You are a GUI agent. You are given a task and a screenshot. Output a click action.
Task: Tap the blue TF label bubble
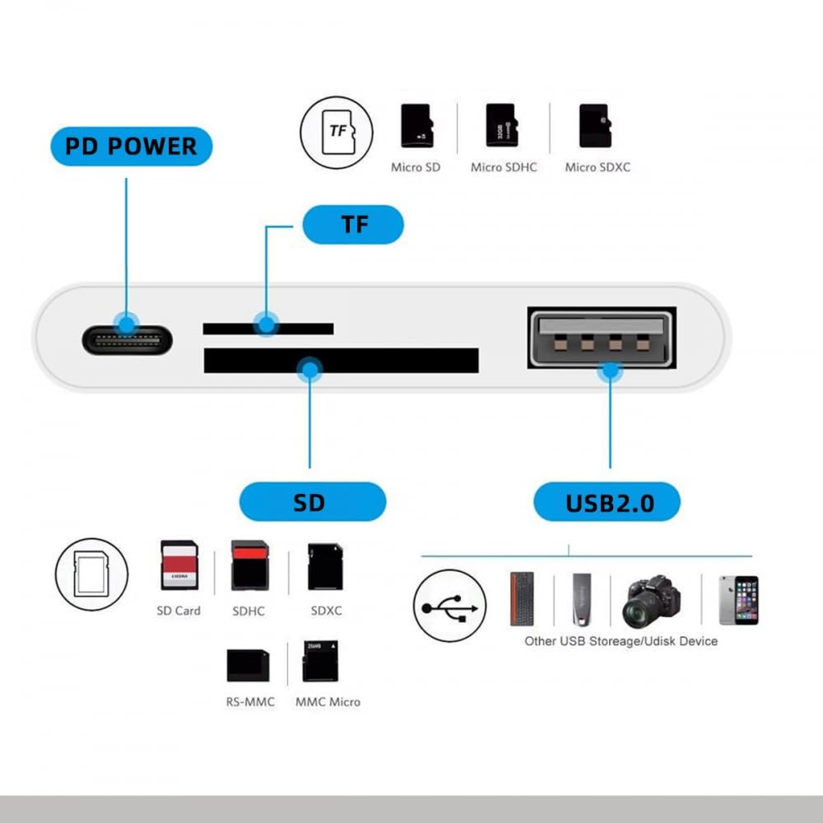[x=353, y=224]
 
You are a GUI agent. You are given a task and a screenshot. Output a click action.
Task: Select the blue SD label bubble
[x=312, y=502]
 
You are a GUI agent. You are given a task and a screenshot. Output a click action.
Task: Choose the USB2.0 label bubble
[x=607, y=502]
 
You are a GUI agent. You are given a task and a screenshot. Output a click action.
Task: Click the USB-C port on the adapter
[x=127, y=339]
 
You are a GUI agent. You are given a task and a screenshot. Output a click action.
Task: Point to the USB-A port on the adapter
[x=601, y=337]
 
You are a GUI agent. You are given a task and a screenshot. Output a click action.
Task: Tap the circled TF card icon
[x=336, y=133]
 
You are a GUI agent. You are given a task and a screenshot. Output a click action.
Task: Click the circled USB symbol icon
[x=449, y=607]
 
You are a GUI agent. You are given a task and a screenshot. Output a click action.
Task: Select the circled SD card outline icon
[x=91, y=573]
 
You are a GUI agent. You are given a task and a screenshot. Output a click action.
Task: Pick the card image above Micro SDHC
[x=500, y=125]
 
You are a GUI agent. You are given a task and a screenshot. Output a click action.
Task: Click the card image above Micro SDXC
[x=593, y=125]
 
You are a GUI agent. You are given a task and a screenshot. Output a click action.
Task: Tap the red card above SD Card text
[x=179, y=565]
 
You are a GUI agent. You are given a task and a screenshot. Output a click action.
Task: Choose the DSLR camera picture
[x=652, y=601]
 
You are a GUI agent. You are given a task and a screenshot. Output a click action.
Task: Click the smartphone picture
[x=737, y=599]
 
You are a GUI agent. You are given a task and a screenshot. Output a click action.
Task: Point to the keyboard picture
[x=522, y=598]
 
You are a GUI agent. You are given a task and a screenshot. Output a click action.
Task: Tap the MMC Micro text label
[x=328, y=702]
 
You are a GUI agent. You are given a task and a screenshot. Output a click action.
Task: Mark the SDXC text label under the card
[x=326, y=611]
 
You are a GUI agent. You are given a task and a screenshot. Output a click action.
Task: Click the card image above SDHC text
[x=249, y=565]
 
